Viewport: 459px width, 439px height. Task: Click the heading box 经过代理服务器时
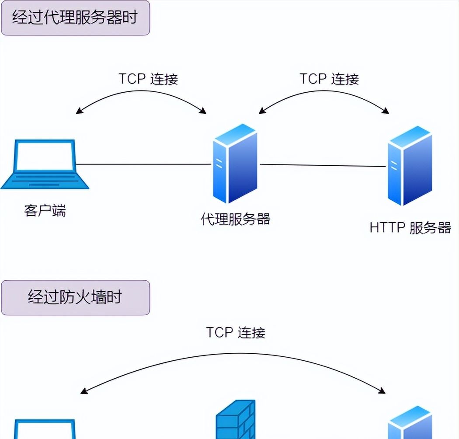(75, 18)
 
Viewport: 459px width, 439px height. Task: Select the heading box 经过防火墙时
(75, 297)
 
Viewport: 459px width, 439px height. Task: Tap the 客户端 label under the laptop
(45, 211)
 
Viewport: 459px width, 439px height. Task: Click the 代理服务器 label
(236, 218)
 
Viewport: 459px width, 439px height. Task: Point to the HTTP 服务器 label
(410, 227)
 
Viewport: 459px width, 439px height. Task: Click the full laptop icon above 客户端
(45, 164)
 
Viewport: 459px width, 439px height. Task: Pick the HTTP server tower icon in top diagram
(410, 166)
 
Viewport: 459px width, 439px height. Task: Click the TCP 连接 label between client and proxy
(148, 79)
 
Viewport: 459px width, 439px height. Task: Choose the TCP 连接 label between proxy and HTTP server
(329, 79)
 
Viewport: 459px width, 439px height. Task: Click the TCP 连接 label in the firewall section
(236, 332)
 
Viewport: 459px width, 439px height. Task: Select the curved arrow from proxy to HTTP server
(323, 93)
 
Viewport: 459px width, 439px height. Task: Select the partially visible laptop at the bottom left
(44, 429)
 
